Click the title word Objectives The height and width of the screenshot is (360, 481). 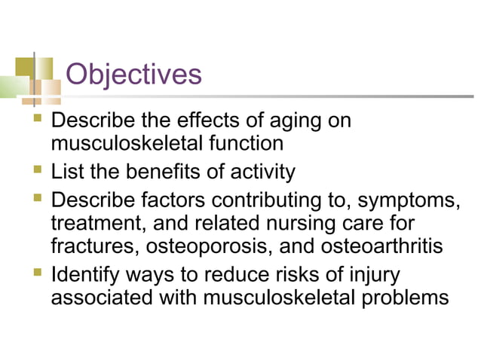pos(133,75)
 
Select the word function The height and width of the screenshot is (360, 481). pos(247,143)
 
